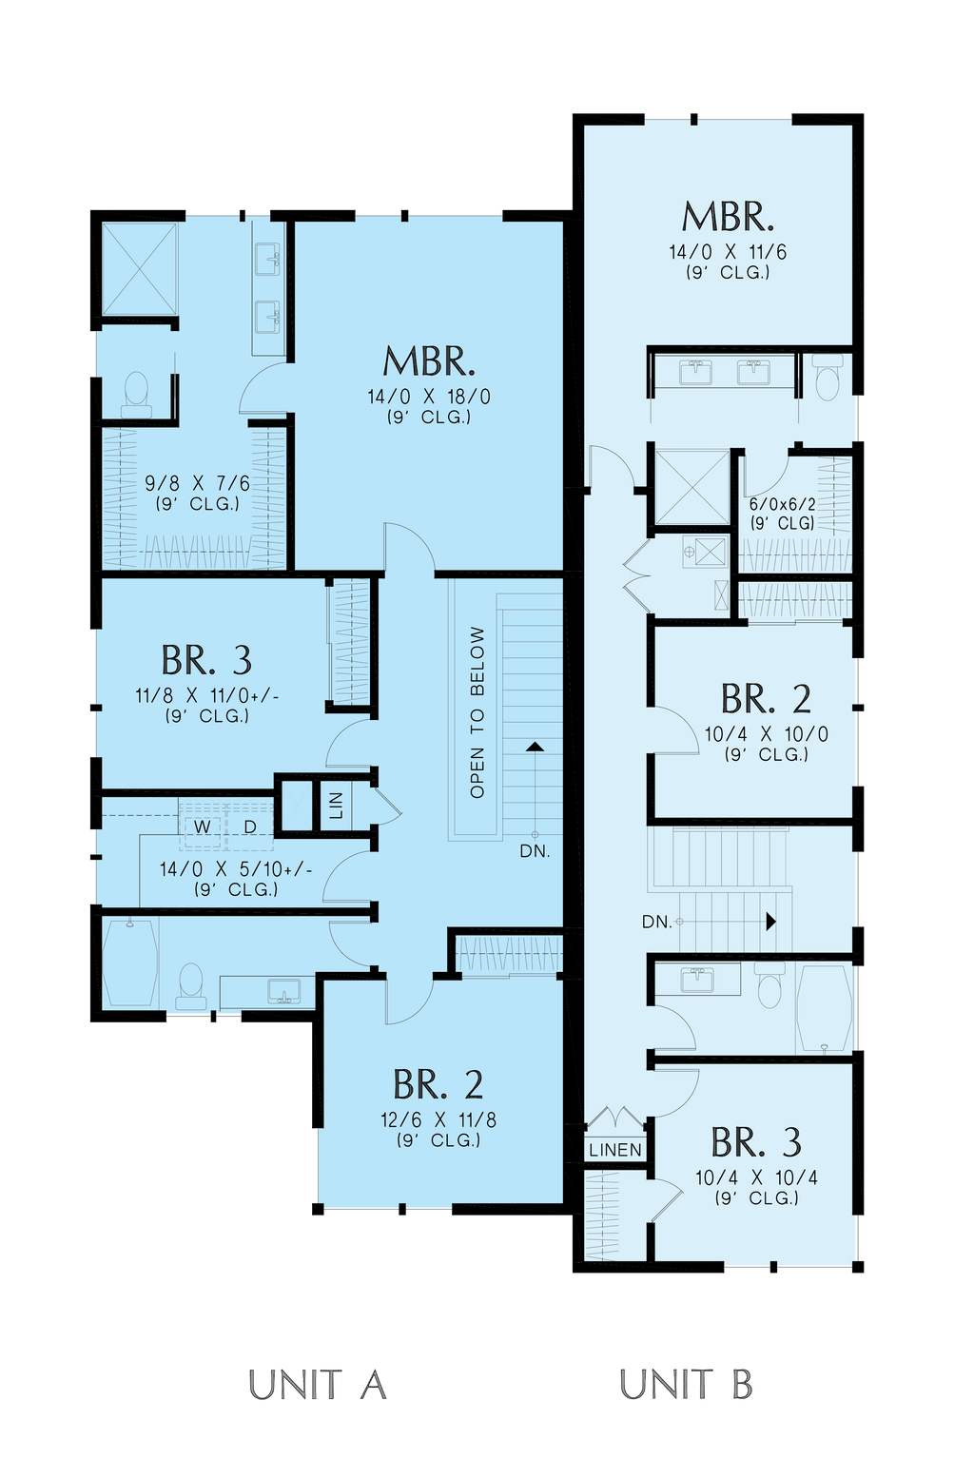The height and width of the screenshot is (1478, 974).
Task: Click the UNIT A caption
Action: pos(318,1385)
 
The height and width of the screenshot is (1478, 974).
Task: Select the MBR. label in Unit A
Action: pos(429,362)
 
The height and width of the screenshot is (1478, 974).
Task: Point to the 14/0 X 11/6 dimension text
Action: pos(728,252)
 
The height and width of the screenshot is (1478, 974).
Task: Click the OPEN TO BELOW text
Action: pos(477,711)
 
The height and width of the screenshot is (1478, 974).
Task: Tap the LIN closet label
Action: pos(336,805)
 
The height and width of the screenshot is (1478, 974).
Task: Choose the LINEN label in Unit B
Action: pos(615,1150)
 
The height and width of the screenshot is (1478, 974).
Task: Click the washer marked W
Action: pos(203,827)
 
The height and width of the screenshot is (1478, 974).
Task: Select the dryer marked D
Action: pos(250,827)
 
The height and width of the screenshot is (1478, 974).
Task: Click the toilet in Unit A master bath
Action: pos(137,393)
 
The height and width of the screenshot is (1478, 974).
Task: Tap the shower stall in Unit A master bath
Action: pos(140,268)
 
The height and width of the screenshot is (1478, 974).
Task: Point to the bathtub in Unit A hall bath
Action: pos(129,963)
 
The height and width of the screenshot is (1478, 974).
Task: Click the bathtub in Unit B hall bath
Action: pos(824,1007)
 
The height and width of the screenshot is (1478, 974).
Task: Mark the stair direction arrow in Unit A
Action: pos(535,748)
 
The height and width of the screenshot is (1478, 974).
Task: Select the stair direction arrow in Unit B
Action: pos(770,922)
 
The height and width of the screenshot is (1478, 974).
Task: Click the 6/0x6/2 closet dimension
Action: pos(782,505)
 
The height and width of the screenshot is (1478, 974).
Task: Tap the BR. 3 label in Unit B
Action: pos(756,1142)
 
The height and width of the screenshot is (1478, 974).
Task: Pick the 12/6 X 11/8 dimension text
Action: pos(438,1119)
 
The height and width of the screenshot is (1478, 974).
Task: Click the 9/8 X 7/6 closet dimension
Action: pos(198,484)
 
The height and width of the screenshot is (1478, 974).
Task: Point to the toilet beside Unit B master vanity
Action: pos(827,378)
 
